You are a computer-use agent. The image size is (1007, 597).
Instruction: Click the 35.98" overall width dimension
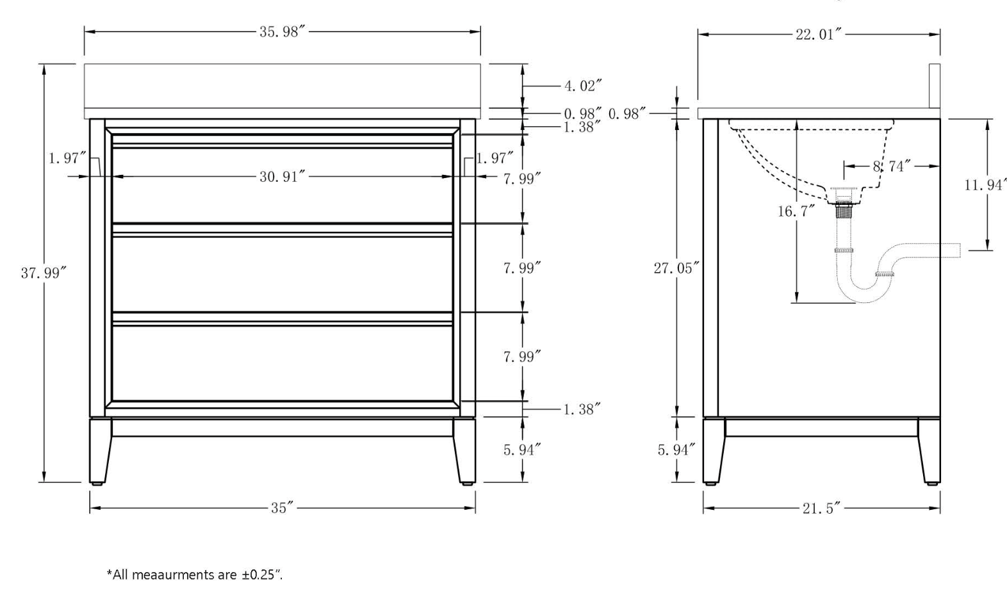point(279,32)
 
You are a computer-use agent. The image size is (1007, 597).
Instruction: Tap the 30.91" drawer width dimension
point(279,176)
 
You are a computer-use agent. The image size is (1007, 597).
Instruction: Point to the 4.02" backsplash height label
point(583,86)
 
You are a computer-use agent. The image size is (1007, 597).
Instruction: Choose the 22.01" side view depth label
point(815,35)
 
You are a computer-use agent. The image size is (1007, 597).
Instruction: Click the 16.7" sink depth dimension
point(796,211)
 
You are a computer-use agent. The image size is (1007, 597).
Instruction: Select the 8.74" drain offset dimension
point(892,167)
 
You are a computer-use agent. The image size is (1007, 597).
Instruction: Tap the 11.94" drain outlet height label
point(986,184)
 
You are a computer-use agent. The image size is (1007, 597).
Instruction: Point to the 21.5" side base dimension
point(821,509)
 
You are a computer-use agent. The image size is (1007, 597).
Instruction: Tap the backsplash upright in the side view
point(935,90)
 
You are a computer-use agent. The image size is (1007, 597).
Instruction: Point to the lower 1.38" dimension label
point(582,409)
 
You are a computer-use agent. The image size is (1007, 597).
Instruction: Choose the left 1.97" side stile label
point(68,158)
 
